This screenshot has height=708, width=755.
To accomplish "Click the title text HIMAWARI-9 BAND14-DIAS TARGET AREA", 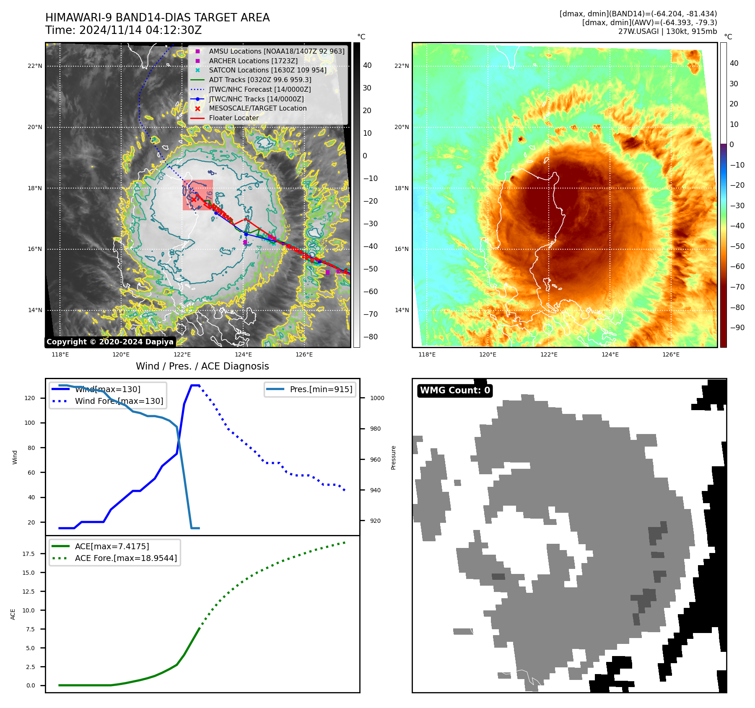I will pos(157,18).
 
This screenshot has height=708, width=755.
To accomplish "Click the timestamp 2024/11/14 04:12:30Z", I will pos(140,30).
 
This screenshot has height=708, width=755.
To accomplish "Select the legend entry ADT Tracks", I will pos(260,80).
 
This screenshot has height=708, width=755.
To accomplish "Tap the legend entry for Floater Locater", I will pos(234,118).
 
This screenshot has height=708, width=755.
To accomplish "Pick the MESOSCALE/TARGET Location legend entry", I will pos(257,108).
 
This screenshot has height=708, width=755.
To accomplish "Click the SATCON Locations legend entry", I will pos(267,70).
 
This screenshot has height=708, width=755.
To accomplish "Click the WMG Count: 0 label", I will pos(455,390).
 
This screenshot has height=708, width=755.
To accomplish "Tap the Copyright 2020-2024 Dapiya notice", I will pos(110,342).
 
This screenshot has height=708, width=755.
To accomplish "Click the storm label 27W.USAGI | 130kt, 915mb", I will pos(667,31).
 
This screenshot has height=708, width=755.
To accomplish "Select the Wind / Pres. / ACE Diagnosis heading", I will pos(202,366).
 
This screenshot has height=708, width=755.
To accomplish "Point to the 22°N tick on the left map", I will pos(35,66).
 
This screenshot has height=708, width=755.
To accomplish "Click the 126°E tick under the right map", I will pos(671,354).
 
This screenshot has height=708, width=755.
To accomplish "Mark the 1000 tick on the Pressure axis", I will pos(377,398).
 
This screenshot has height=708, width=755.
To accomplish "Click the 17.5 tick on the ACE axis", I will pos(29,554).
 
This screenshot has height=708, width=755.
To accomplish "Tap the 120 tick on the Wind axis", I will pos(30,398).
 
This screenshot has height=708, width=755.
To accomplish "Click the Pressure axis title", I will pos(394,457).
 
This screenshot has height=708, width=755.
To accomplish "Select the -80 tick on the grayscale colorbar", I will pos(370,337).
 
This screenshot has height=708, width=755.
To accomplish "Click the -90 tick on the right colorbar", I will pos(737,328).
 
